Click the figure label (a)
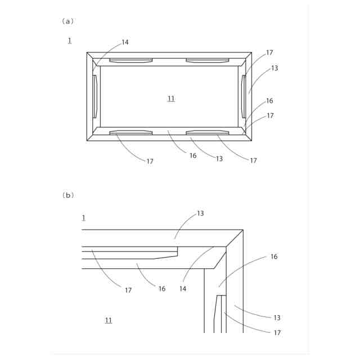tap(67, 21)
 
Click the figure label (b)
tap(67, 195)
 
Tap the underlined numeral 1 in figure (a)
tap(69, 40)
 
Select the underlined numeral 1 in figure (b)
tap(83, 217)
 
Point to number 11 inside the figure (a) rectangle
tap(171, 98)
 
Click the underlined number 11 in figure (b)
tap(108, 320)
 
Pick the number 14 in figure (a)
tap(124, 42)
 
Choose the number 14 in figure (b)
tap(182, 289)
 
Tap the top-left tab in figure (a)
tap(130, 60)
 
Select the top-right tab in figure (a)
tap(208, 60)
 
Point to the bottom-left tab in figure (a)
tap(130, 133)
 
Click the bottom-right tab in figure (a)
tap(208, 133)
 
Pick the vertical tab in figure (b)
tap(220, 313)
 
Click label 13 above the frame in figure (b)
tap(200, 214)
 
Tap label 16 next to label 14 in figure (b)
tap(162, 289)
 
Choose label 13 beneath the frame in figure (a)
tap(219, 159)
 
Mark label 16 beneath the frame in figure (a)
tap(193, 156)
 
